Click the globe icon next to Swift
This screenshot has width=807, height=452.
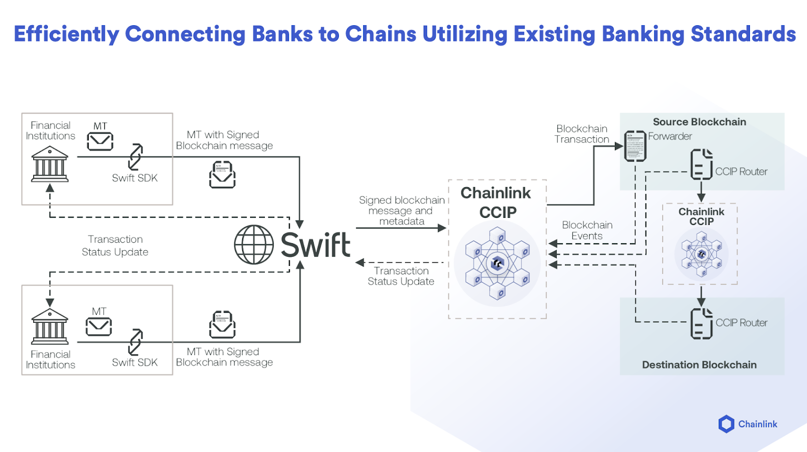[x=254, y=245]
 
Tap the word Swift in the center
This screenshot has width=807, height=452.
[x=315, y=245]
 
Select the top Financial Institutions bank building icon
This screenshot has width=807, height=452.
[x=49, y=164]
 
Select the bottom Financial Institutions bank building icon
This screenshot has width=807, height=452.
[x=49, y=326]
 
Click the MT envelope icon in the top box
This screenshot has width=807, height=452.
[x=100, y=141]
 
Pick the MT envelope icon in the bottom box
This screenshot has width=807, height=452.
[x=98, y=327]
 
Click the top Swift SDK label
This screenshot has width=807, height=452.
[x=135, y=178]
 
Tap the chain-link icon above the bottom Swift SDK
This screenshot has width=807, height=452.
[x=135, y=342]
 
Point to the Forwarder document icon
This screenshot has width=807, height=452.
[x=635, y=146]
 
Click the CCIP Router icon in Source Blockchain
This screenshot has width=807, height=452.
[x=701, y=164]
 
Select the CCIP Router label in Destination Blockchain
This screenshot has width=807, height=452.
[x=741, y=323]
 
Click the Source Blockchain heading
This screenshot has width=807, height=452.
[x=699, y=122]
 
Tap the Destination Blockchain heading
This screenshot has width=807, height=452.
[x=699, y=365]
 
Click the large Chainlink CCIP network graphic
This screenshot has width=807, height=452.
[x=497, y=263]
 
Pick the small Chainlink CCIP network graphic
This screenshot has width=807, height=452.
[x=701, y=254]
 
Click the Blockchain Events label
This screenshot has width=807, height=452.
[x=587, y=231]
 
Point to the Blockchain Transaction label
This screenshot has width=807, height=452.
[x=582, y=134]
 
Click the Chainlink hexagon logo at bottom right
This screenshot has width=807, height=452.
[x=726, y=424]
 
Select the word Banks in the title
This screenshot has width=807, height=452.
[x=282, y=34]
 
